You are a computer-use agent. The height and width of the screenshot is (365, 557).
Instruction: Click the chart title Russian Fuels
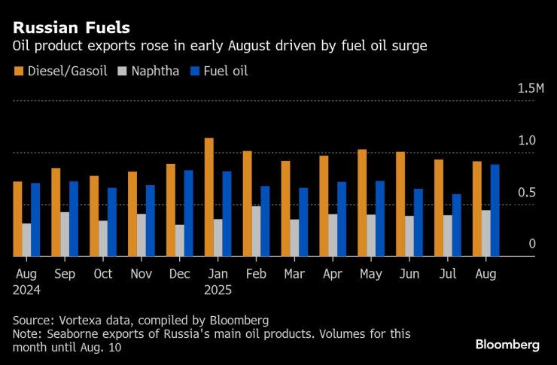pyautogui.click(x=71, y=28)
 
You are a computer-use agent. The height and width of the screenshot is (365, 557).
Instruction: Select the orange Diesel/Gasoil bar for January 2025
pyautogui.click(x=208, y=197)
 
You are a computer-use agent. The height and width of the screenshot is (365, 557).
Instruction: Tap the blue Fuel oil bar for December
pyautogui.click(x=188, y=213)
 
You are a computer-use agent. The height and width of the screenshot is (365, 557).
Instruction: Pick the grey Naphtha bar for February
pyautogui.click(x=256, y=231)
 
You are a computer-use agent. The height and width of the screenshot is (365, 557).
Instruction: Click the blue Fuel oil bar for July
pyautogui.click(x=456, y=225)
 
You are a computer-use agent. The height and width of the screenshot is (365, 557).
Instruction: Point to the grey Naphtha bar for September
pyautogui.click(x=65, y=234)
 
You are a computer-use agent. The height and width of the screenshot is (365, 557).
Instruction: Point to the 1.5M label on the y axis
pyautogui.click(x=530, y=89)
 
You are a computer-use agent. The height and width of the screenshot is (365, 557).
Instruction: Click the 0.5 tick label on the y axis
pyautogui.click(x=526, y=193)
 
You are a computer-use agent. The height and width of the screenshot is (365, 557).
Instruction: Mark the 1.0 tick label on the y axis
pyautogui.click(x=526, y=141)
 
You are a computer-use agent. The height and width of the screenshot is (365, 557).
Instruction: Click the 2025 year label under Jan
pyautogui.click(x=218, y=289)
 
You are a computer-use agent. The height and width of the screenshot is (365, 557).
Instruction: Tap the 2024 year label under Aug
pyautogui.click(x=26, y=289)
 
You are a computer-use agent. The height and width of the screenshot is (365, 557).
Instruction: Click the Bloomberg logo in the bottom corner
pyautogui.click(x=507, y=345)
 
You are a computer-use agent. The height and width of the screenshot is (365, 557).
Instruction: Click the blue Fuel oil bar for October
pyautogui.click(x=111, y=222)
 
